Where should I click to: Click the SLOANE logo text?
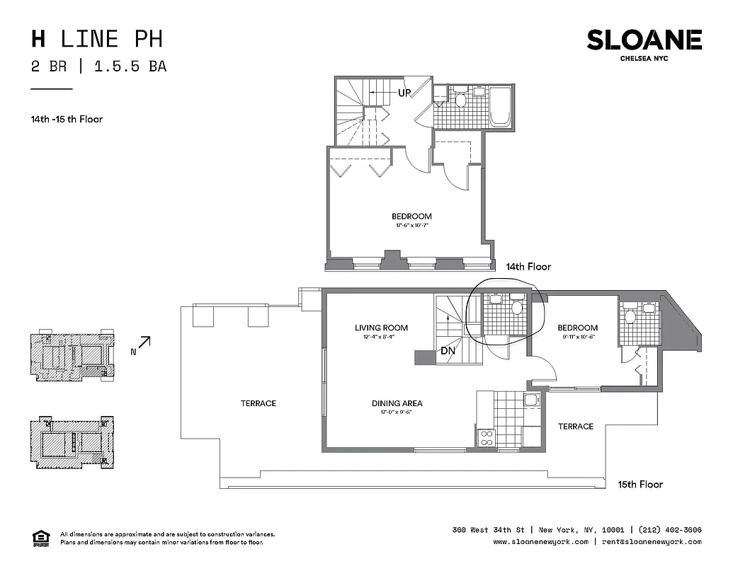tap(644, 40)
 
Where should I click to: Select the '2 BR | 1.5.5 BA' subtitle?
tap(98, 67)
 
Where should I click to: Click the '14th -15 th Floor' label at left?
tap(67, 119)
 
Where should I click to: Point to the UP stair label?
tap(404, 92)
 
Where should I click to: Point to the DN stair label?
tap(448, 351)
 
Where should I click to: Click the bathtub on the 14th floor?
tap(503, 107)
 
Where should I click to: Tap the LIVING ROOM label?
tap(381, 328)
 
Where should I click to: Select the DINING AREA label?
tap(397, 403)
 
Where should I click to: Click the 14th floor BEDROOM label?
tap(411, 216)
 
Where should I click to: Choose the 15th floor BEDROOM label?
tap(577, 328)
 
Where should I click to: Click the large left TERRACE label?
tap(258, 403)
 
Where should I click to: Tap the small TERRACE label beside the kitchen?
tap(575, 427)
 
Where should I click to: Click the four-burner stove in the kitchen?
tap(487, 438)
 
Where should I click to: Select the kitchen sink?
tap(530, 401)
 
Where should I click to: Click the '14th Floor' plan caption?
tap(528, 267)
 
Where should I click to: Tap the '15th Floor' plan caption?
tap(640, 484)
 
